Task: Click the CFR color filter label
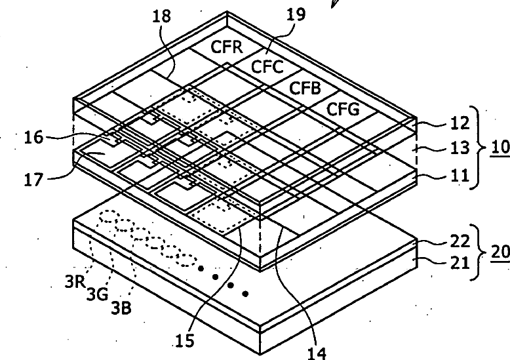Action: tap(226, 47)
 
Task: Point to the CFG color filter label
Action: tap(343, 110)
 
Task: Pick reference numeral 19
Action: tap(297, 14)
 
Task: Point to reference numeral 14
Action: tap(315, 351)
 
